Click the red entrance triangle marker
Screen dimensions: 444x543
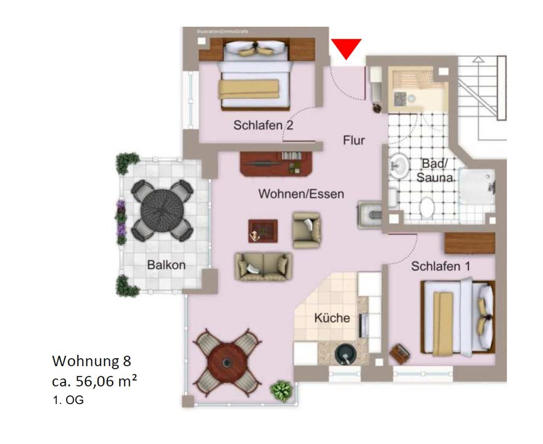tap(346, 47)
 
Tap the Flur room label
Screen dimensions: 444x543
tap(354, 140)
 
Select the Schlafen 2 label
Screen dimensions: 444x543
tap(263, 125)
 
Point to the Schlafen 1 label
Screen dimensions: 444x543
tap(441, 266)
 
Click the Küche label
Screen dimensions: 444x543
tap(332, 318)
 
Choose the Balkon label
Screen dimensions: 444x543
tap(166, 265)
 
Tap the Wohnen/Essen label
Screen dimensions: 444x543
tap(301, 194)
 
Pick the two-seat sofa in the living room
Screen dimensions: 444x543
tap(263, 266)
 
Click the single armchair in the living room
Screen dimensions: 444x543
tap(306, 230)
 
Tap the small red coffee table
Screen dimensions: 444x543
tap(263, 231)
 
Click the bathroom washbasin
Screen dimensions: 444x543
tap(399, 166)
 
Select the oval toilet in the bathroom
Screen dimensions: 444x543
tap(427, 206)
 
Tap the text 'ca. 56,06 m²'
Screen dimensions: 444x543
tap(94, 381)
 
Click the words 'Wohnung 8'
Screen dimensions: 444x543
tap(92, 361)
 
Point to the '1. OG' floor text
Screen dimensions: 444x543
tap(68, 400)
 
